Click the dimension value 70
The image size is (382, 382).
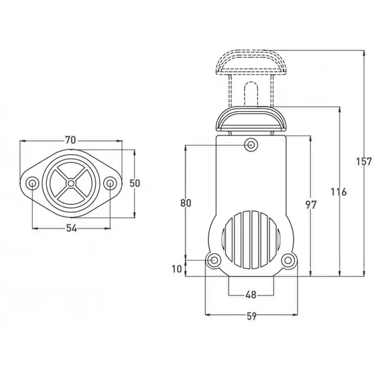tap(70, 139)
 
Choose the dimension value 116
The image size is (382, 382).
tap(338, 192)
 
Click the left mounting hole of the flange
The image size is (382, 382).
tap(31, 183)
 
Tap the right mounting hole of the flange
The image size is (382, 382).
tap(109, 183)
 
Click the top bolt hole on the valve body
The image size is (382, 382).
tap(251, 143)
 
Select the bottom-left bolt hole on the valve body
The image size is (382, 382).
tap(214, 260)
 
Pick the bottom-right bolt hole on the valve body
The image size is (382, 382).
tap(288, 260)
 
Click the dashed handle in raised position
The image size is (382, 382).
tap(250, 64)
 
